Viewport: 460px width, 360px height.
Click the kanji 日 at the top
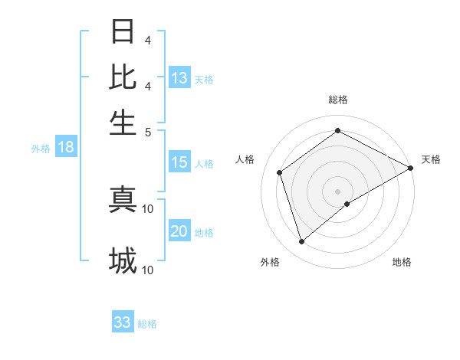(x=123, y=32)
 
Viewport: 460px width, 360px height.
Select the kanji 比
(x=123, y=77)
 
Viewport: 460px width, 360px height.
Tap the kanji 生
(x=123, y=122)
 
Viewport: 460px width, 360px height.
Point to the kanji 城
(x=123, y=261)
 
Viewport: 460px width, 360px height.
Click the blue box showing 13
(x=179, y=78)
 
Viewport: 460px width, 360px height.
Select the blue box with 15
(x=179, y=162)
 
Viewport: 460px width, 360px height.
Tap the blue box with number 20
(x=179, y=232)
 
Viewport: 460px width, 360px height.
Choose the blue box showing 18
(x=66, y=148)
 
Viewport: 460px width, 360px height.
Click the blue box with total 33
(x=123, y=322)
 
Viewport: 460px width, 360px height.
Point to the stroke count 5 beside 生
(x=147, y=131)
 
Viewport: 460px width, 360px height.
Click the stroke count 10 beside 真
(x=148, y=208)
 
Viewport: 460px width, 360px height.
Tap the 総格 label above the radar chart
(x=338, y=100)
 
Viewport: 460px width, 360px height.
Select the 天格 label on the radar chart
(x=431, y=159)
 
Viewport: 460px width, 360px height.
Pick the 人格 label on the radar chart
(x=245, y=159)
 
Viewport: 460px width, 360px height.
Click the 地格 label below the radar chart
(x=402, y=262)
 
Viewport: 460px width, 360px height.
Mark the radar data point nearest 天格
(x=411, y=168)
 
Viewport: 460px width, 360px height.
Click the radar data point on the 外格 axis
(x=302, y=242)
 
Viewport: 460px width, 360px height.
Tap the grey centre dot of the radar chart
(x=338, y=191)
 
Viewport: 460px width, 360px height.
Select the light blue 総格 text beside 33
(x=147, y=324)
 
